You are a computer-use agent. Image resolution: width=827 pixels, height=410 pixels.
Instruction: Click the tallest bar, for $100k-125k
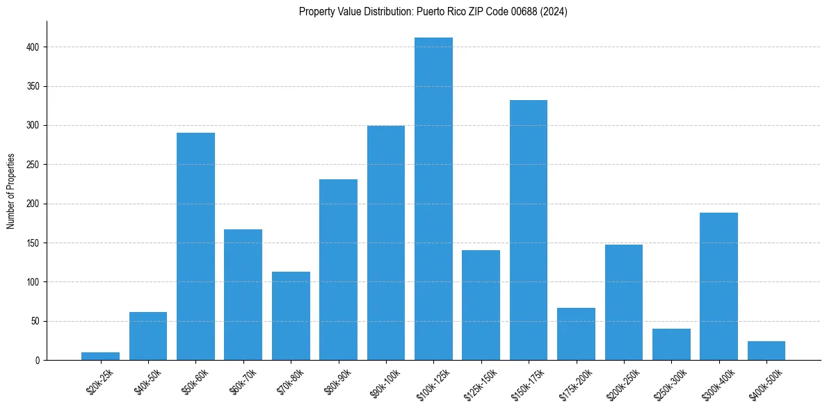pos(433,199)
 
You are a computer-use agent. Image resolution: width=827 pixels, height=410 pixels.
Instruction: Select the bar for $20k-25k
pos(100,356)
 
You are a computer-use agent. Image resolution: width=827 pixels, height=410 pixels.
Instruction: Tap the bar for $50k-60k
pos(195,246)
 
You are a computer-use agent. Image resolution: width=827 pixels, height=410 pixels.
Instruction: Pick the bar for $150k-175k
pos(529,230)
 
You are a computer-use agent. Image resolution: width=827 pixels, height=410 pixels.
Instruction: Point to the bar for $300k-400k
pos(718,286)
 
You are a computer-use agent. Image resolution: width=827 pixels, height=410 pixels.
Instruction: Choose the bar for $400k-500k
pos(766,350)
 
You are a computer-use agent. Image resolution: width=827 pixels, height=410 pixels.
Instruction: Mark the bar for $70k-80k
pos(291,315)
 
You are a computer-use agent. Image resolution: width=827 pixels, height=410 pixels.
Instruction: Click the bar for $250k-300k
pos(671,344)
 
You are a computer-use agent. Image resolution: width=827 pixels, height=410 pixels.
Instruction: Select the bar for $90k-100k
pos(386,243)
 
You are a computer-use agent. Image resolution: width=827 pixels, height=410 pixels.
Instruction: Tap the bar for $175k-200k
pos(576,334)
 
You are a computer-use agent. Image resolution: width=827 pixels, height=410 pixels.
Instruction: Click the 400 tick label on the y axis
pos(33,47)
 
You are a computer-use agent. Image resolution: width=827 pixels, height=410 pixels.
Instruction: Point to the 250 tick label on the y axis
pos(33,165)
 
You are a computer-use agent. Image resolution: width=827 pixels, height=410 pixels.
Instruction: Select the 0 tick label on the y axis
pos(38,360)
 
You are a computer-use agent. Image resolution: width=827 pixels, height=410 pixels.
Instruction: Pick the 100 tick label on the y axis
pos(33,282)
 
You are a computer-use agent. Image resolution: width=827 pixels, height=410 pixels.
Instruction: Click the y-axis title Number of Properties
pos(11,190)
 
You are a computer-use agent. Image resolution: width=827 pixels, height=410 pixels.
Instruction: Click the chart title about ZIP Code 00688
pos(433,12)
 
